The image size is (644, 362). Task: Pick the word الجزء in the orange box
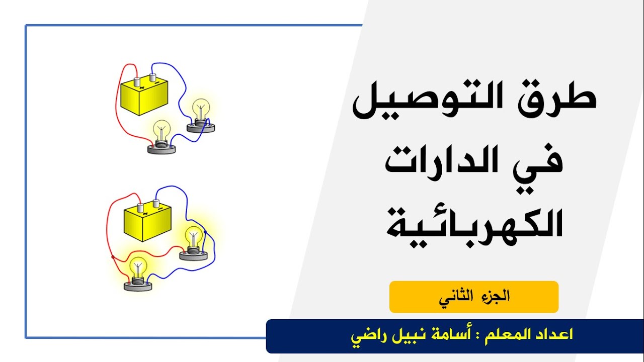point(496,296)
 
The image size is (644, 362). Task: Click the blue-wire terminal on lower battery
point(156,203)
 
